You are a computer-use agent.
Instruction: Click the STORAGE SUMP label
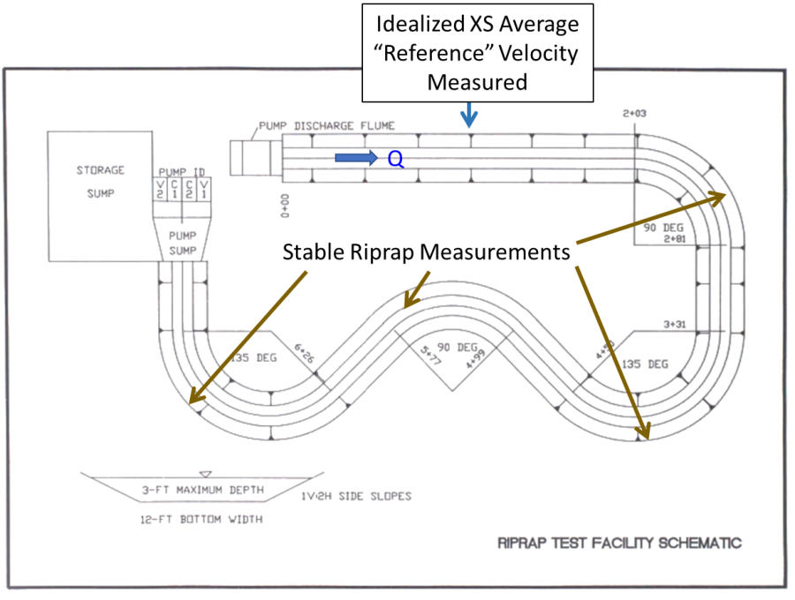[x=100, y=182]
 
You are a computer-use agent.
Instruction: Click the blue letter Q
[x=396, y=158]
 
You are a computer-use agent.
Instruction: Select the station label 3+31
[x=675, y=325]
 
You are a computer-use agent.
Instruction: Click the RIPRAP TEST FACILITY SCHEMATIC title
[x=619, y=543]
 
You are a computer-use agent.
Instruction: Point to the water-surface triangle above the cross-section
[x=206, y=474]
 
